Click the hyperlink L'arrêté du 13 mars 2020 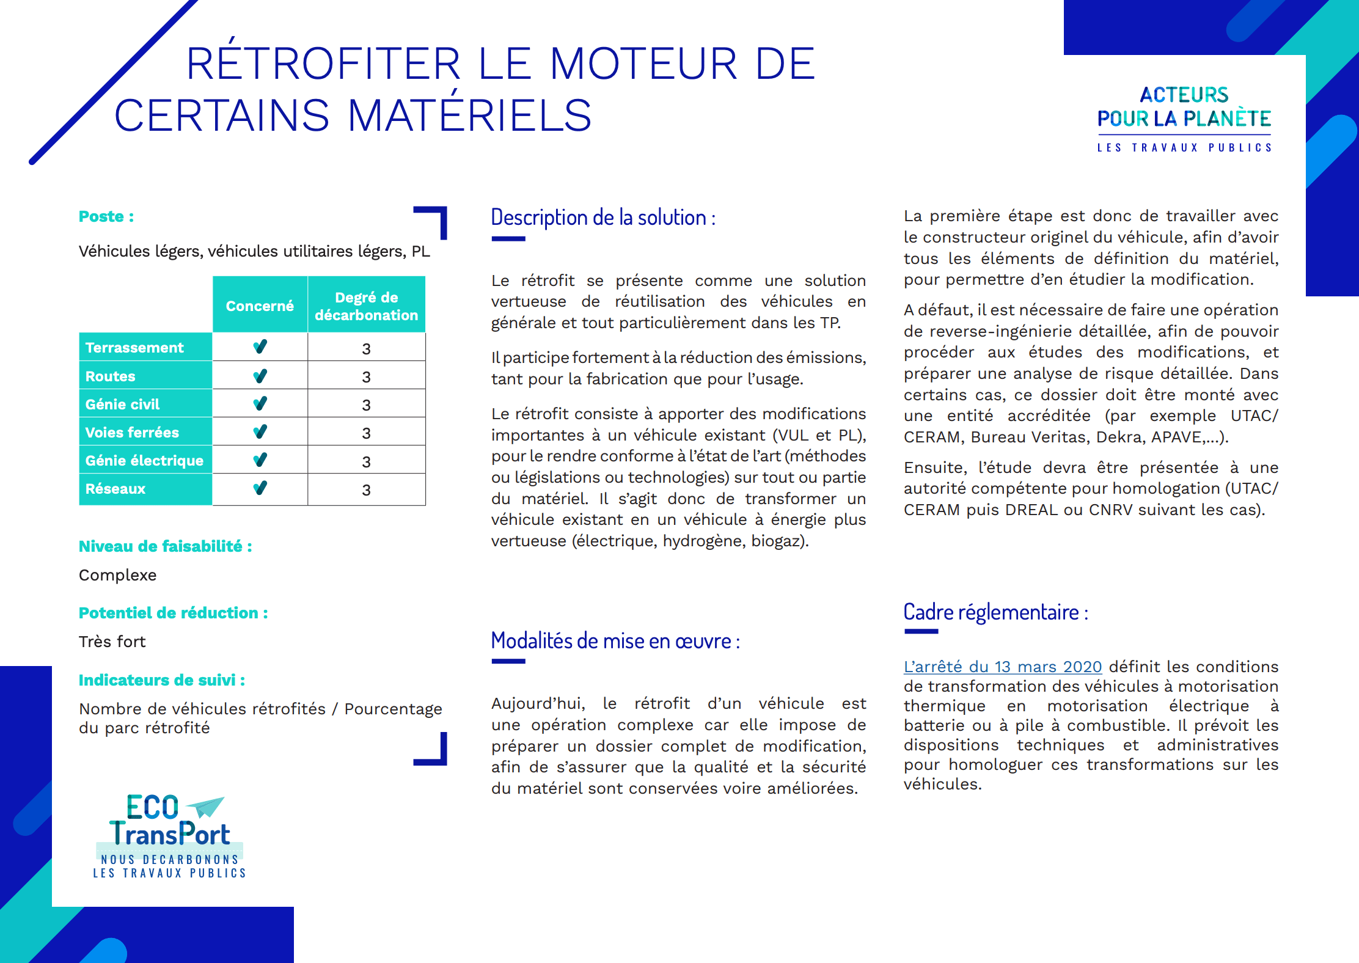(x=1002, y=667)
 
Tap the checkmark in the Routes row (x=260, y=376)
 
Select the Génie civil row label (x=122, y=405)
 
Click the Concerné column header (x=260, y=306)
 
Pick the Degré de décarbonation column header (x=366, y=306)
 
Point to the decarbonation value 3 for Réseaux (x=366, y=490)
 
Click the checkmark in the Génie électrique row (x=260, y=460)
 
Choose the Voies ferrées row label (x=132, y=433)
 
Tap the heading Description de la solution (x=603, y=218)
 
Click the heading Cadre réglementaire (x=995, y=612)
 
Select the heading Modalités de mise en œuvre (x=615, y=641)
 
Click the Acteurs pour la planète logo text (x=1184, y=107)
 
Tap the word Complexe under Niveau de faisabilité (x=118, y=575)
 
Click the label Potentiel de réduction (x=173, y=613)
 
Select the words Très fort (x=112, y=642)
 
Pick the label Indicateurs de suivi (x=162, y=680)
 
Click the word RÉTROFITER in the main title (x=323, y=64)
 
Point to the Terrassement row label (x=134, y=348)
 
